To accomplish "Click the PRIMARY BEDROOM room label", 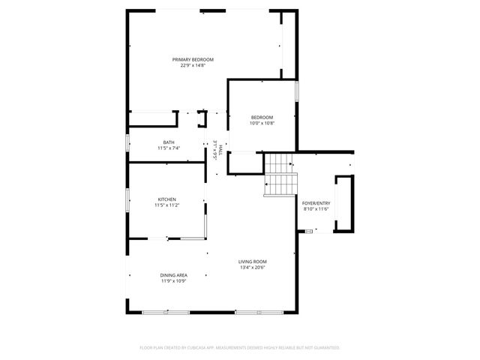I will (193, 59).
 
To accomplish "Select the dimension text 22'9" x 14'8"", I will (193, 66).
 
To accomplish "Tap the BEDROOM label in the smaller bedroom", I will (262, 117).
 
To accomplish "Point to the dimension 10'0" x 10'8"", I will (262, 123).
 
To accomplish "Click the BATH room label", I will (169, 142).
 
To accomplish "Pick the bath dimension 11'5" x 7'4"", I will (169, 148).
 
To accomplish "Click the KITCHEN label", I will (166, 199).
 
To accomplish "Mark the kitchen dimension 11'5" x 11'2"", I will (166, 205).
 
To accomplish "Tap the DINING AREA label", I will (173, 275).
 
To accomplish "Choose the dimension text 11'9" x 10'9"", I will (173, 281).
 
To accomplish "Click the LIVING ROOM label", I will (253, 261).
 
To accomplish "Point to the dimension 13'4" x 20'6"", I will (253, 267).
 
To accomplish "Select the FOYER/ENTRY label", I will (316, 203).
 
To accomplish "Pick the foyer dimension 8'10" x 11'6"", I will (316, 209).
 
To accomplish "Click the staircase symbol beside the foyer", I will (280, 175).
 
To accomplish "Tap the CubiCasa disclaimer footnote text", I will (240, 348).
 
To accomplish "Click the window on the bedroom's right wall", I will (298, 90).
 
